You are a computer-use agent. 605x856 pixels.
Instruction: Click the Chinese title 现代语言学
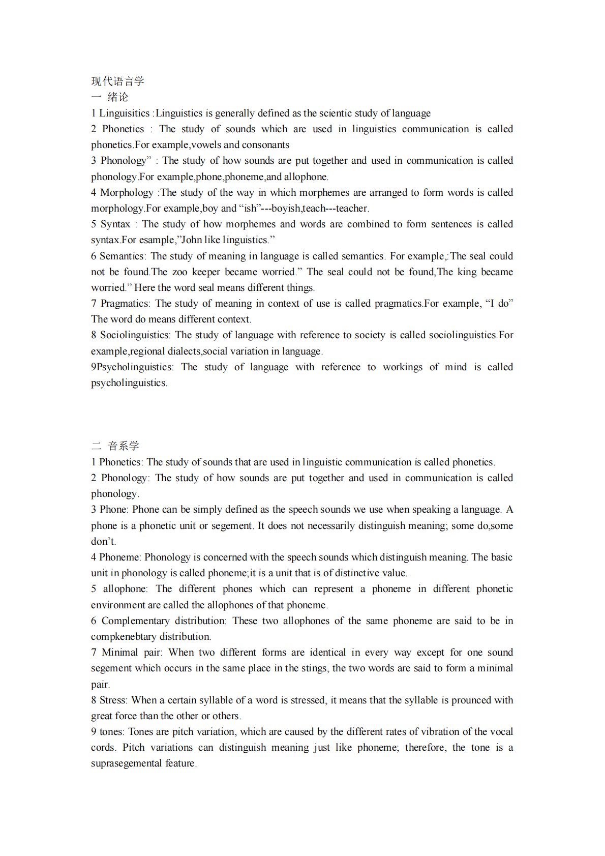(117, 81)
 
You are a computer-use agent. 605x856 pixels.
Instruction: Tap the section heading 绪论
(118, 97)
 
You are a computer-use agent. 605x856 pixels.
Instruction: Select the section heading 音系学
(124, 446)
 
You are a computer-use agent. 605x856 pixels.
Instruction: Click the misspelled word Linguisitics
(125, 113)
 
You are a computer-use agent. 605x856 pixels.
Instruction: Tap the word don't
(104, 542)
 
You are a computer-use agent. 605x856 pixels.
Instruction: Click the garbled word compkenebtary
(124, 637)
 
